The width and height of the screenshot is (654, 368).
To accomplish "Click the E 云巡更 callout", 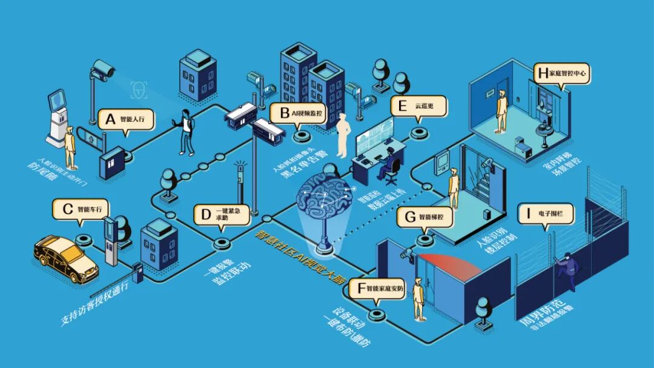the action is pyautogui.click(x=418, y=106).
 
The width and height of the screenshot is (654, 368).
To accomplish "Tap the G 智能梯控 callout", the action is pyautogui.click(x=426, y=216).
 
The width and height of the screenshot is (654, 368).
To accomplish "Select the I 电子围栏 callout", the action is pyautogui.click(x=546, y=214).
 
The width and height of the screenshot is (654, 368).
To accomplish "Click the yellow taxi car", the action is pyautogui.click(x=65, y=257).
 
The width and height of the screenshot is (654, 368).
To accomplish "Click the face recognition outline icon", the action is pyautogui.click(x=140, y=90).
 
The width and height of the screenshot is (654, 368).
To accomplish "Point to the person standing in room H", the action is pyautogui.click(x=501, y=110).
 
